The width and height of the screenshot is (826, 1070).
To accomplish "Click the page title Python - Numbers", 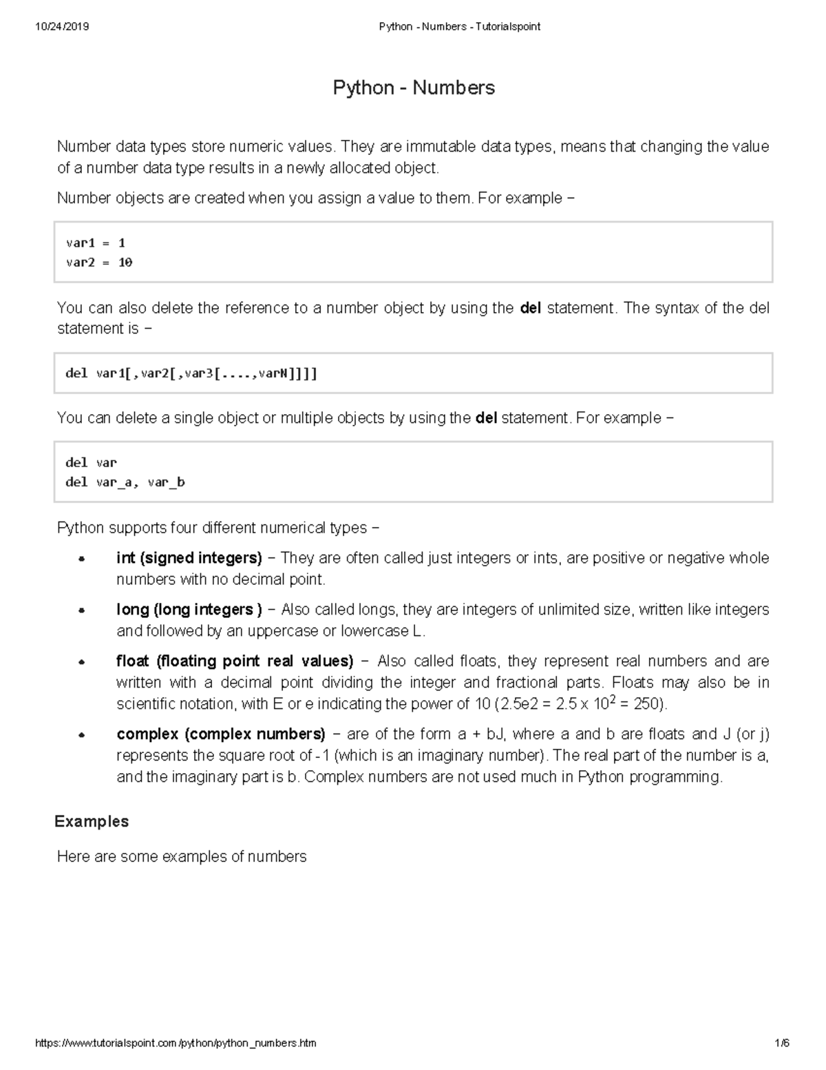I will [414, 88].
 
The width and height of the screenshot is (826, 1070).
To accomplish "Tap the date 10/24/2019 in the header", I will [62, 27].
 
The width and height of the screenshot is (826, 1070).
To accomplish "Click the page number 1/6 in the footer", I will [781, 1043].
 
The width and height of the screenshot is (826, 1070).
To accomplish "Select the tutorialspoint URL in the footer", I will [176, 1043].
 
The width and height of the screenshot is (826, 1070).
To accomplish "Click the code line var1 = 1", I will [95, 243].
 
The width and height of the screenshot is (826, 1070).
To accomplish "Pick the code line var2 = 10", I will [98, 263].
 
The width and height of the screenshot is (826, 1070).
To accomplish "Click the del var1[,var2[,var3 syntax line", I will [191, 373].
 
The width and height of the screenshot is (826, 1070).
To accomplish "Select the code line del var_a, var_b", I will [125, 482].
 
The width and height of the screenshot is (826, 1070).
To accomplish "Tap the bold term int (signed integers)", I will [189, 557].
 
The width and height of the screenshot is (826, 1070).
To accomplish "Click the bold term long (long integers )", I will [189, 609].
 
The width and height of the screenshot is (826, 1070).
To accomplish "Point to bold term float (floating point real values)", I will [235, 661].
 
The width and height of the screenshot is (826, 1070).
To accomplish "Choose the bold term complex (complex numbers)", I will [221, 734].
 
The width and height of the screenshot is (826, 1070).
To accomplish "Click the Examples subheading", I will [92, 821].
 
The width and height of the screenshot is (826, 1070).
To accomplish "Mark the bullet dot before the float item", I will [81, 662].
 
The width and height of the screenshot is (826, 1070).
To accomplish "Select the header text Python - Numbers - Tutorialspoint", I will [460, 27].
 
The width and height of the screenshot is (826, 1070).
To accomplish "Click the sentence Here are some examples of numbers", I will [182, 856].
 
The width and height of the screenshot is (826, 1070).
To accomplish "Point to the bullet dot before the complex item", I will [81, 735].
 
